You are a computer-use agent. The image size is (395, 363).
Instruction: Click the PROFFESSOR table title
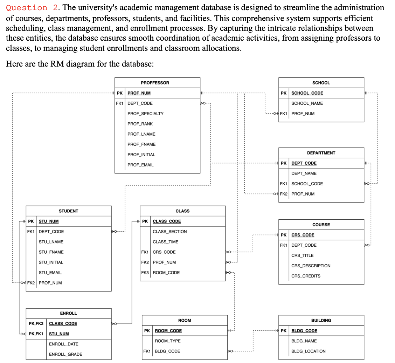[x=155, y=83]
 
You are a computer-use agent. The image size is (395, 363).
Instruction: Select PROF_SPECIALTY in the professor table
[x=145, y=114]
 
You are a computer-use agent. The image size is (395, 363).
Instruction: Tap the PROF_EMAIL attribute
[x=140, y=165]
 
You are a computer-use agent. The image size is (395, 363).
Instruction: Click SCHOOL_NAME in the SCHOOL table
[x=307, y=103]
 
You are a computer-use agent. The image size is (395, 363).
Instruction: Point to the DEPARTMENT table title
[x=321, y=153]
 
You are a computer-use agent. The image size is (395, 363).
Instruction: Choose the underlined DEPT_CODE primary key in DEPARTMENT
[x=304, y=163]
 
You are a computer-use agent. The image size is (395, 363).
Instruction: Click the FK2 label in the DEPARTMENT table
[x=284, y=194]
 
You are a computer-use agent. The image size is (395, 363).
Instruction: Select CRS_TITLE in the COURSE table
[x=302, y=255]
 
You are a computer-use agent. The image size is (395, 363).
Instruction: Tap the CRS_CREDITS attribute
[x=306, y=276]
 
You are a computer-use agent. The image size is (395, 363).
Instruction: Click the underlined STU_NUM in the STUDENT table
[x=48, y=221]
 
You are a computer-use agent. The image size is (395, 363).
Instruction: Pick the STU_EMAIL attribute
[x=50, y=273]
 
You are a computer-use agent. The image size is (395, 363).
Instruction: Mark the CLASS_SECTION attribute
[x=169, y=232]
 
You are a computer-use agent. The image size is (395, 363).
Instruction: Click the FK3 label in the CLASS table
[x=145, y=273]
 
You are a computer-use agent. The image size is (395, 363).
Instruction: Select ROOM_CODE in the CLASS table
[x=166, y=273]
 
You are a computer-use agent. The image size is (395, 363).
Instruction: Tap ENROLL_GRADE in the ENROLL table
[x=65, y=354]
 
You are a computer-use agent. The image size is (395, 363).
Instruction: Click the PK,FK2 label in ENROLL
[x=36, y=323]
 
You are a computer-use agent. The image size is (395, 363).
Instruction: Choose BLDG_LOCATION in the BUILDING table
[x=308, y=351]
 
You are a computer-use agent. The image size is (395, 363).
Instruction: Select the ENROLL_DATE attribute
[x=63, y=344]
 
